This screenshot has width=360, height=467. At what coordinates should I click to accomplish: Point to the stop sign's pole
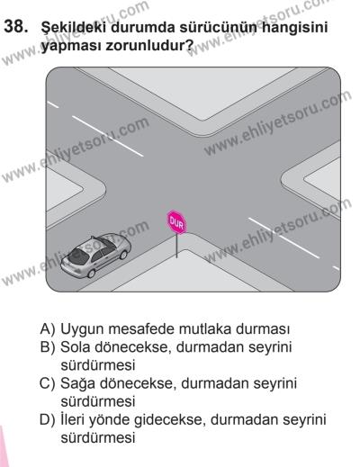tap(175, 247)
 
